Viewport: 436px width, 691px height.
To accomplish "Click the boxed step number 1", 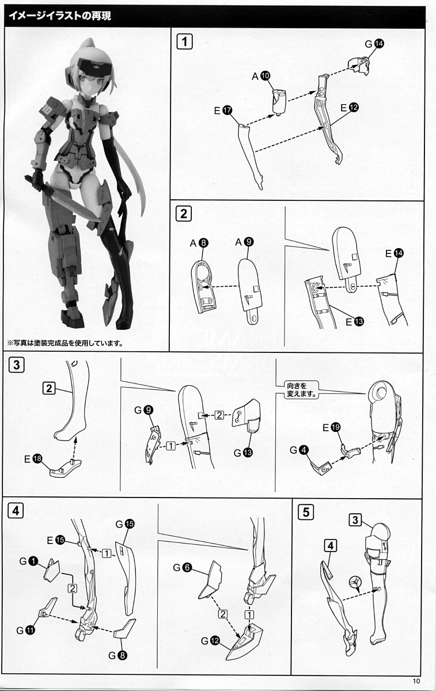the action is click(x=184, y=41).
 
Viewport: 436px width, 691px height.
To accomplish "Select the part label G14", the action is click(x=374, y=44).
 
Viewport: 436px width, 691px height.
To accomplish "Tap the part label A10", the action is click(x=261, y=76).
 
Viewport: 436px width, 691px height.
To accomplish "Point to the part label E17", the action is click(x=223, y=110).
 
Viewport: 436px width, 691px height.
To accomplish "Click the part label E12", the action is click(x=350, y=107).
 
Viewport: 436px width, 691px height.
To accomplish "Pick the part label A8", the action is click(x=199, y=243).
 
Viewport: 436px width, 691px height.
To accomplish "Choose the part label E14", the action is click(x=395, y=253).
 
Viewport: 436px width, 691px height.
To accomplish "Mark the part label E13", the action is click(x=355, y=322).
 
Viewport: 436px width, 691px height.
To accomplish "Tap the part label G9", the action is click(x=144, y=410).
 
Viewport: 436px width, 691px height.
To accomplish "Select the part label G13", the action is click(x=243, y=453).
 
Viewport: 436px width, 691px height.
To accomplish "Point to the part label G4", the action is click(x=299, y=450).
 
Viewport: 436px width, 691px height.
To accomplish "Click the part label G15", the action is click(x=125, y=524).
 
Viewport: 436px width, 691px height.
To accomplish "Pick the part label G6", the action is click(x=183, y=568).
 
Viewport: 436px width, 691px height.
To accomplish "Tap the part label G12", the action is click(x=210, y=641).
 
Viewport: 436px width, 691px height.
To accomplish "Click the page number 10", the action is click(x=416, y=681).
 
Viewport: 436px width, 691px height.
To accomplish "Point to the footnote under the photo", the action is click(x=65, y=343).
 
